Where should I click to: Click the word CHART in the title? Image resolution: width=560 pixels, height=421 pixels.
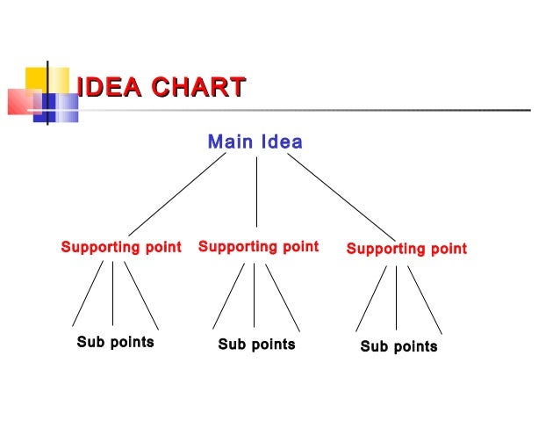tap(197, 88)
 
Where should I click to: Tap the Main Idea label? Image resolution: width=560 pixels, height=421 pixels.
tap(255, 142)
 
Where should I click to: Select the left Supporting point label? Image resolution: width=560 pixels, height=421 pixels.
tap(121, 248)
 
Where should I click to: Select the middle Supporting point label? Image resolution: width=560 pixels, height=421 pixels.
tap(258, 247)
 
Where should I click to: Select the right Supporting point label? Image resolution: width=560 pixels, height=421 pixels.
tap(406, 250)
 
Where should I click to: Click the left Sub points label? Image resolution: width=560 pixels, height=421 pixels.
tap(115, 342)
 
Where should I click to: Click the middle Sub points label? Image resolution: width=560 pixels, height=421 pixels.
tap(256, 345)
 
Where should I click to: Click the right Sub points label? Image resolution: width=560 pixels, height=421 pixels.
tap(398, 346)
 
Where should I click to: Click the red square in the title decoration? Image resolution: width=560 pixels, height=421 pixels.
tap(24, 101)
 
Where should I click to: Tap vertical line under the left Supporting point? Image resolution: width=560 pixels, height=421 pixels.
tap(112, 294)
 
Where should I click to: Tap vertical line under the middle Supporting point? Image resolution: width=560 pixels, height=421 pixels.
tap(255, 295)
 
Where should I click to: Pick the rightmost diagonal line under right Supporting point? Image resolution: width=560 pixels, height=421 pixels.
tap(424, 300)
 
